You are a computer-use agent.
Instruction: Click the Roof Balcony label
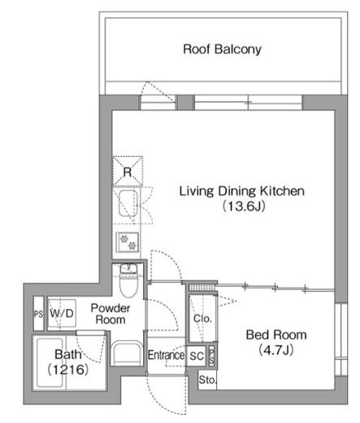[222, 49]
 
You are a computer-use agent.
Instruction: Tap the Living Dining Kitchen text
[242, 191]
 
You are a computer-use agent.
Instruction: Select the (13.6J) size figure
[244, 207]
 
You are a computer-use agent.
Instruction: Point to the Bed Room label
[276, 334]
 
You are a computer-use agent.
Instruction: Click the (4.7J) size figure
[276, 350]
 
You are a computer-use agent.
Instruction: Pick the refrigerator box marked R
[128, 172]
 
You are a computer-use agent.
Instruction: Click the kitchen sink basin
[128, 203]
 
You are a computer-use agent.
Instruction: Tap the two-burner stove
[128, 242]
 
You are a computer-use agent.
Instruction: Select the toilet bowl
[129, 285]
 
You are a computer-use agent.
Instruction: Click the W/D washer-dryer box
[62, 313]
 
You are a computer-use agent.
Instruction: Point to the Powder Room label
[111, 314]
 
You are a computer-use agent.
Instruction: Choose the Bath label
[67, 354]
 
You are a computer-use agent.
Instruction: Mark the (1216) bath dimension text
[68, 369]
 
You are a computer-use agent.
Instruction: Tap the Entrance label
[166, 355]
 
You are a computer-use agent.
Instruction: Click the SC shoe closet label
[197, 355]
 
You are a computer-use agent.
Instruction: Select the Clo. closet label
[202, 318]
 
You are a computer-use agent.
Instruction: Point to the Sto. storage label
[208, 380]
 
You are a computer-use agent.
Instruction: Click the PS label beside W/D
[38, 314]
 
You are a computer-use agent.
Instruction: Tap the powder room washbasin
[127, 353]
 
